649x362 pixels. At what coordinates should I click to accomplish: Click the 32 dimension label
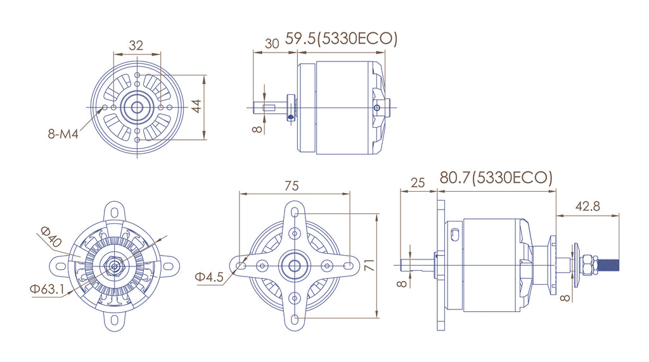(136, 45)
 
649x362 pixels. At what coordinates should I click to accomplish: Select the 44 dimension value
(196, 106)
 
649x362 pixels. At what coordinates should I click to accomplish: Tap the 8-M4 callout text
(63, 134)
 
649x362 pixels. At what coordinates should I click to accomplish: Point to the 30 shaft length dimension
(271, 44)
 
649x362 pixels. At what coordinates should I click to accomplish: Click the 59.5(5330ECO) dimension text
(341, 39)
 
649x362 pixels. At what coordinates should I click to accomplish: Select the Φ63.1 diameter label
(47, 289)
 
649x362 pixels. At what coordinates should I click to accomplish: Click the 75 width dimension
(292, 185)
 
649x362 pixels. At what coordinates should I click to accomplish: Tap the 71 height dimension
(369, 265)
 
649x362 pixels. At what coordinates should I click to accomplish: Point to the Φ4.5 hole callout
(209, 277)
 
